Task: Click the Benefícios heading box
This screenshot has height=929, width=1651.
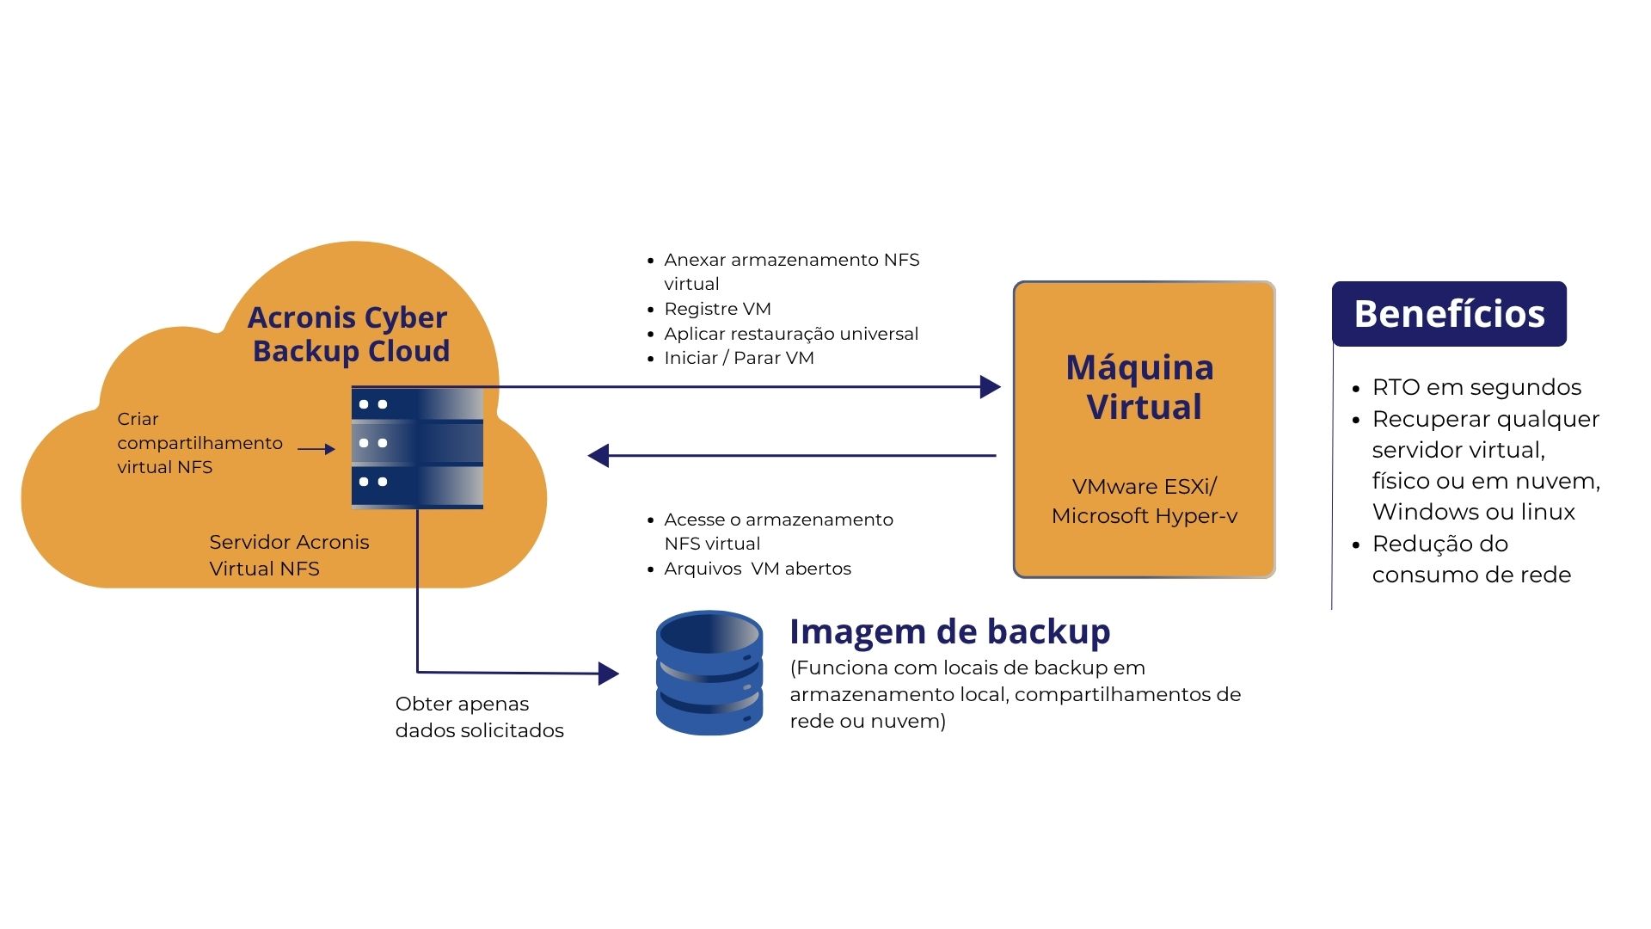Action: tap(1449, 314)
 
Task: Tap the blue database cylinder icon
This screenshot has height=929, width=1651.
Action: tap(709, 673)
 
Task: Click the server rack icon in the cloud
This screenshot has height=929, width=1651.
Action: tap(417, 447)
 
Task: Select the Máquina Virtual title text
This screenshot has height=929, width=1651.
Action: tap(1140, 387)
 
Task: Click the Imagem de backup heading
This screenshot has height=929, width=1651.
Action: tap(949, 631)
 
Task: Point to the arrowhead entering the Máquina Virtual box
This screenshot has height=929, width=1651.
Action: tap(990, 387)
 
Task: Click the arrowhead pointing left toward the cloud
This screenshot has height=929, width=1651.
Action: tap(598, 456)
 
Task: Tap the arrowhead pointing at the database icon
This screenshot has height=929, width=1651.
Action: tap(608, 674)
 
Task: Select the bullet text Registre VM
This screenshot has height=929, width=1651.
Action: tap(717, 309)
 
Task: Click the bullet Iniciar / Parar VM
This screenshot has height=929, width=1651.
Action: tap(739, 358)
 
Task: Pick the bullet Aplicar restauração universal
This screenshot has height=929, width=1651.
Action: tap(791, 334)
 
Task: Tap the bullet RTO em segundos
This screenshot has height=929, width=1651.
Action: tap(1476, 387)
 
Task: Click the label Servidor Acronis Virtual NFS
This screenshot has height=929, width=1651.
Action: tap(289, 555)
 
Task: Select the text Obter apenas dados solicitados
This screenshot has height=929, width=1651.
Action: tap(479, 717)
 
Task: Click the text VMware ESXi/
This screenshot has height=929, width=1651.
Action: tap(1144, 487)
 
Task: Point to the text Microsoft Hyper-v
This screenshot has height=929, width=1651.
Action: tap(1144, 516)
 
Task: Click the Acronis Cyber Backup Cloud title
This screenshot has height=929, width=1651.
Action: tap(348, 334)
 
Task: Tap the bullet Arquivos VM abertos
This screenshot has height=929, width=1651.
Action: tap(757, 569)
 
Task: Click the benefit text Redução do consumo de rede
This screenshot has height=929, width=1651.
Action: tap(1471, 559)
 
